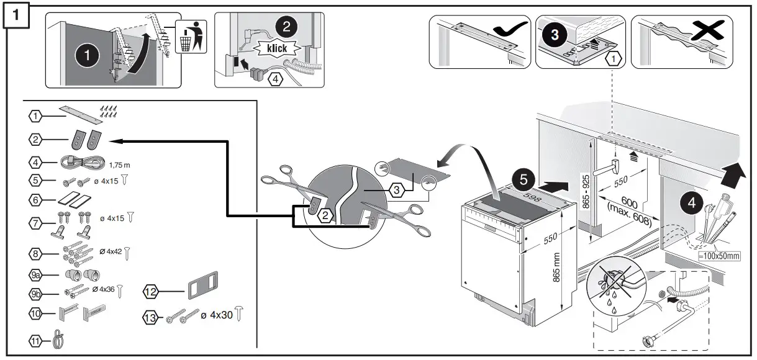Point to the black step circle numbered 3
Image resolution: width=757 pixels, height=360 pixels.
pyautogui.click(x=554, y=35)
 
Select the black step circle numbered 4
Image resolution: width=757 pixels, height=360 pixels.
pyautogui.click(x=693, y=202)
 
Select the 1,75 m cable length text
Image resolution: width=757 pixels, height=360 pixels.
pyautogui.click(x=120, y=165)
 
